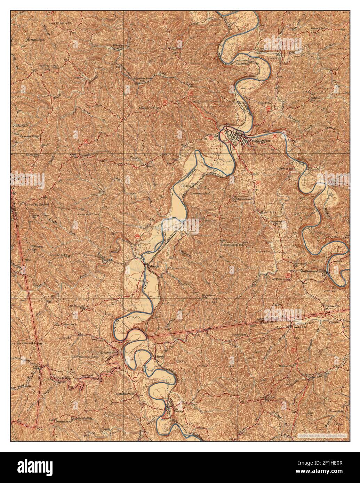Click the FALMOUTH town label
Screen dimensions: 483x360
(259, 141)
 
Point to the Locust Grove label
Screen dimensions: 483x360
(38, 204)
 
